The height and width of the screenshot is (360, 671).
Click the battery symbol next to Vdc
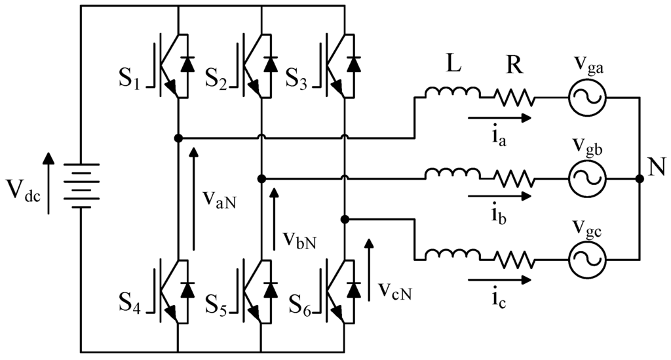pos(81,186)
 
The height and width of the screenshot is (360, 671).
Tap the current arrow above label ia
pos(498,119)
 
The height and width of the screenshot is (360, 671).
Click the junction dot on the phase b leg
pos(261,178)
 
